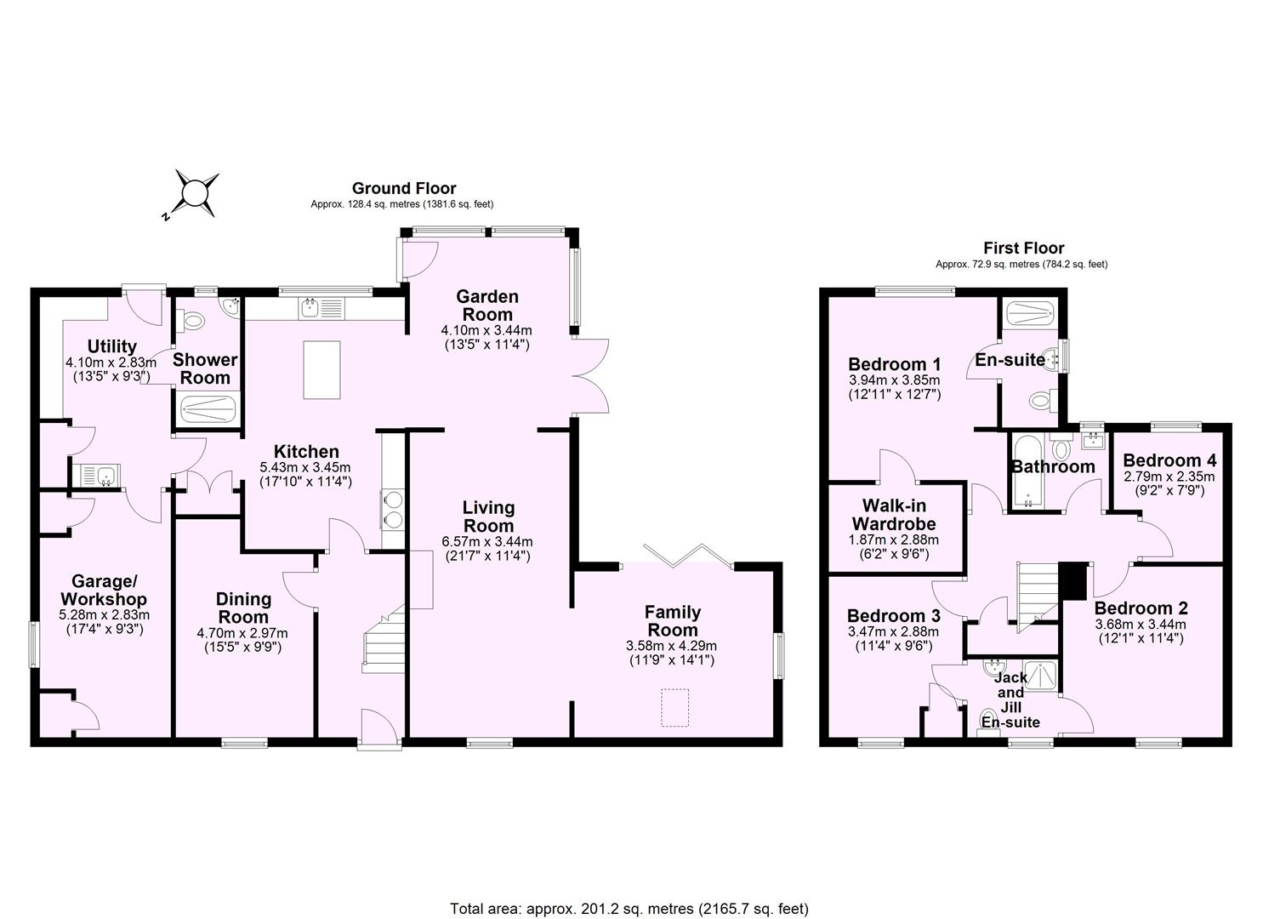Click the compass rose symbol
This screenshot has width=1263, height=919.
click(195, 191)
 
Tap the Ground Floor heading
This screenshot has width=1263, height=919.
click(404, 188)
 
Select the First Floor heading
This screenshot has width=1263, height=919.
click(1023, 248)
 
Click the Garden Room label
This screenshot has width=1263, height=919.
click(487, 305)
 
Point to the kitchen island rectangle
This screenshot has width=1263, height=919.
click(321, 369)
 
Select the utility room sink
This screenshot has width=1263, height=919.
click(97, 476)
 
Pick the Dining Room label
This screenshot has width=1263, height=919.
click(243, 608)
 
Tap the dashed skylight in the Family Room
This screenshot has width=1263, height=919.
click(674, 708)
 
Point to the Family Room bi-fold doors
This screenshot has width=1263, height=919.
click(688, 554)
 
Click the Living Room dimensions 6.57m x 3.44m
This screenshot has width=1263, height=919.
click(487, 541)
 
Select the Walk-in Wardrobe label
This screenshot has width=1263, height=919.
click(894, 515)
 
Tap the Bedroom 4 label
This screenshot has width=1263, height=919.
click(1169, 460)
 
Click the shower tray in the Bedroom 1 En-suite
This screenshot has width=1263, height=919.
click(1030, 313)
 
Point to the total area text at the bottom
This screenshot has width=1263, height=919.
click(629, 908)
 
